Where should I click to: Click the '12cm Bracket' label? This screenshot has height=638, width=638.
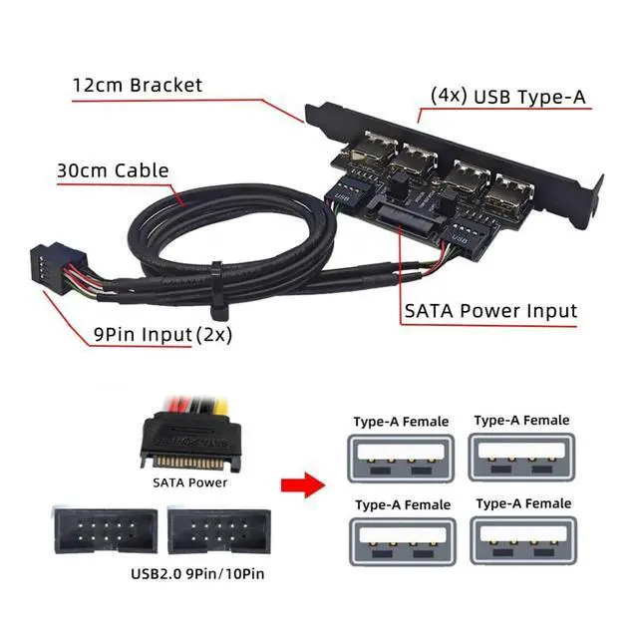pos(137,85)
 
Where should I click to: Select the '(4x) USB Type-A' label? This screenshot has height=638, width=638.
pos(509,97)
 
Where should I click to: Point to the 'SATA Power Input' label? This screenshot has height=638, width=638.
pos(490,311)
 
